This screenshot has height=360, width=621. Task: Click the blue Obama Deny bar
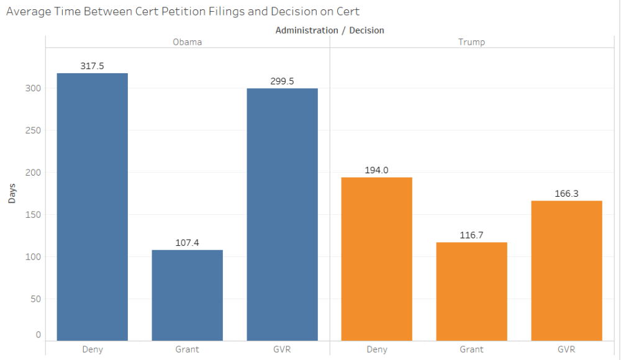point(92,207)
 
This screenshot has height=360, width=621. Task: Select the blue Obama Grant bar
point(187,295)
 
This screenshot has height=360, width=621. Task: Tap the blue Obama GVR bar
point(282,214)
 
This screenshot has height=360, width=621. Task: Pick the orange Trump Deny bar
point(377,259)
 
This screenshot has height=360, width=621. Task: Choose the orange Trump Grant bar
point(471,291)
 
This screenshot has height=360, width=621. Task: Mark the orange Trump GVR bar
point(566,271)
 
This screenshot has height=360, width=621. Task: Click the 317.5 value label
point(92,65)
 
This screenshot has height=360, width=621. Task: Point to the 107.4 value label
point(187,243)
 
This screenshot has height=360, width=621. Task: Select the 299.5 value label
point(282,81)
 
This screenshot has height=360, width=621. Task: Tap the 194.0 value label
point(377,170)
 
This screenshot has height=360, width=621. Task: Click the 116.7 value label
point(471,235)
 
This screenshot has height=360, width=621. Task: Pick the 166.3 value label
point(566,194)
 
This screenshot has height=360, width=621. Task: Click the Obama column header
point(187,42)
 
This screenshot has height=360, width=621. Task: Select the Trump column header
point(471,42)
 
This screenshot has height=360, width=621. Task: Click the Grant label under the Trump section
point(471,349)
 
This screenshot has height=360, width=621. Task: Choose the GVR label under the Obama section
point(282,349)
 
